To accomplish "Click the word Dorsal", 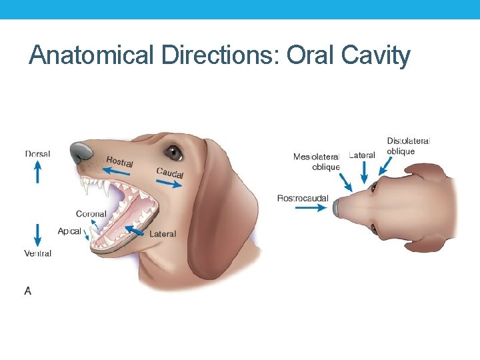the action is [x=37, y=154].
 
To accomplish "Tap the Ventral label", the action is [x=37, y=253].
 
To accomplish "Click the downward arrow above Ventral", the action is [x=37, y=235].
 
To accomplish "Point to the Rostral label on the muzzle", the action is [x=119, y=161].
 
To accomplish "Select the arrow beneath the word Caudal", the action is [x=169, y=184].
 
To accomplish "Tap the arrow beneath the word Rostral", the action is [x=117, y=173].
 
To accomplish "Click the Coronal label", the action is [x=91, y=214].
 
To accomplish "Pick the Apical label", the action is [x=69, y=231].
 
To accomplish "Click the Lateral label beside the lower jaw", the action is [x=163, y=234].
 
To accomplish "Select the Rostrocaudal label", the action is [x=303, y=198].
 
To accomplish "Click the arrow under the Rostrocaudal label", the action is [x=308, y=208].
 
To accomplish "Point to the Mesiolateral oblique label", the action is [x=317, y=161].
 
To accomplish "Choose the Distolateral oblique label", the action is [x=408, y=146].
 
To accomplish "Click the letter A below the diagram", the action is [x=27, y=291].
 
